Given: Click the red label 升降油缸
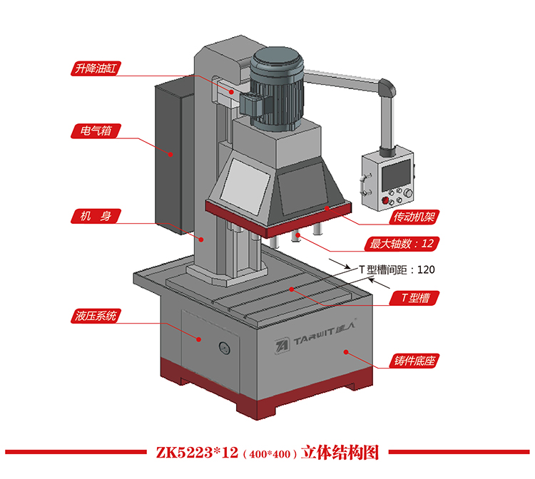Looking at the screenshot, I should [x=96, y=69].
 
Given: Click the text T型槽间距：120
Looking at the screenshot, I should [x=396, y=269].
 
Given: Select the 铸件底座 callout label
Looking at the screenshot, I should [x=414, y=361].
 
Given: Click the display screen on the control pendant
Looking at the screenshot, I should [x=396, y=172].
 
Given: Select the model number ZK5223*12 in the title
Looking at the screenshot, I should [x=195, y=453].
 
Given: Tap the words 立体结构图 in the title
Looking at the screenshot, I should [x=339, y=453].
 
